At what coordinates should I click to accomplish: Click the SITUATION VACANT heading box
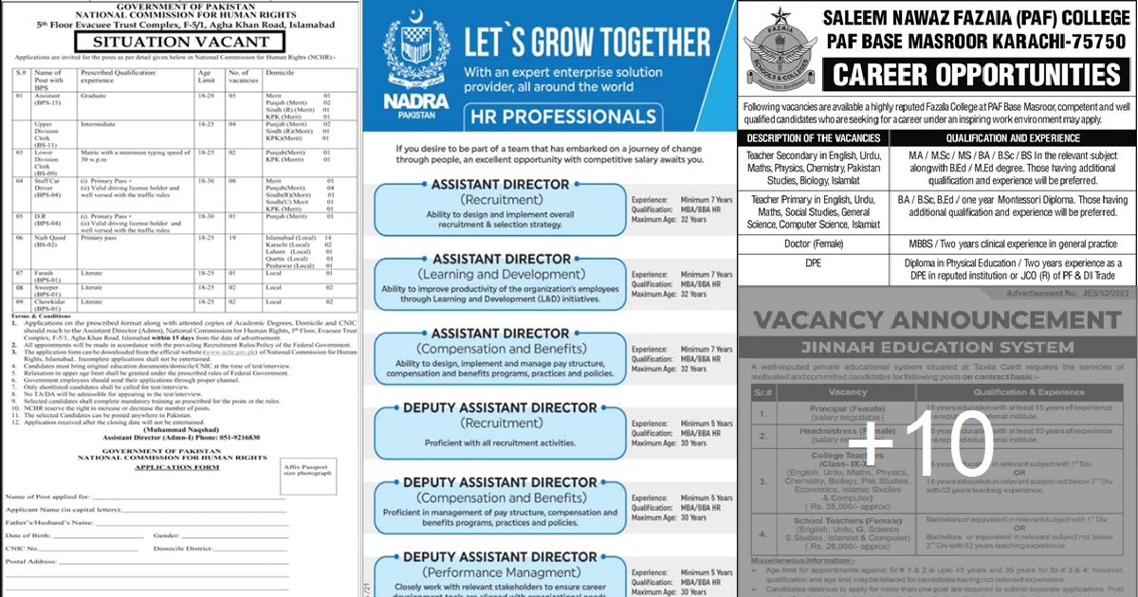click(x=181, y=42)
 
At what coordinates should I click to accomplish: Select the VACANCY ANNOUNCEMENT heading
click(x=933, y=317)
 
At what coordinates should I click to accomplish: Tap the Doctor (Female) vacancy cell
click(x=814, y=244)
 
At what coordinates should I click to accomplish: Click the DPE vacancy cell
click(x=814, y=269)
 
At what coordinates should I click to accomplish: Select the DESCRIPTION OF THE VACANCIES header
click(x=814, y=138)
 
